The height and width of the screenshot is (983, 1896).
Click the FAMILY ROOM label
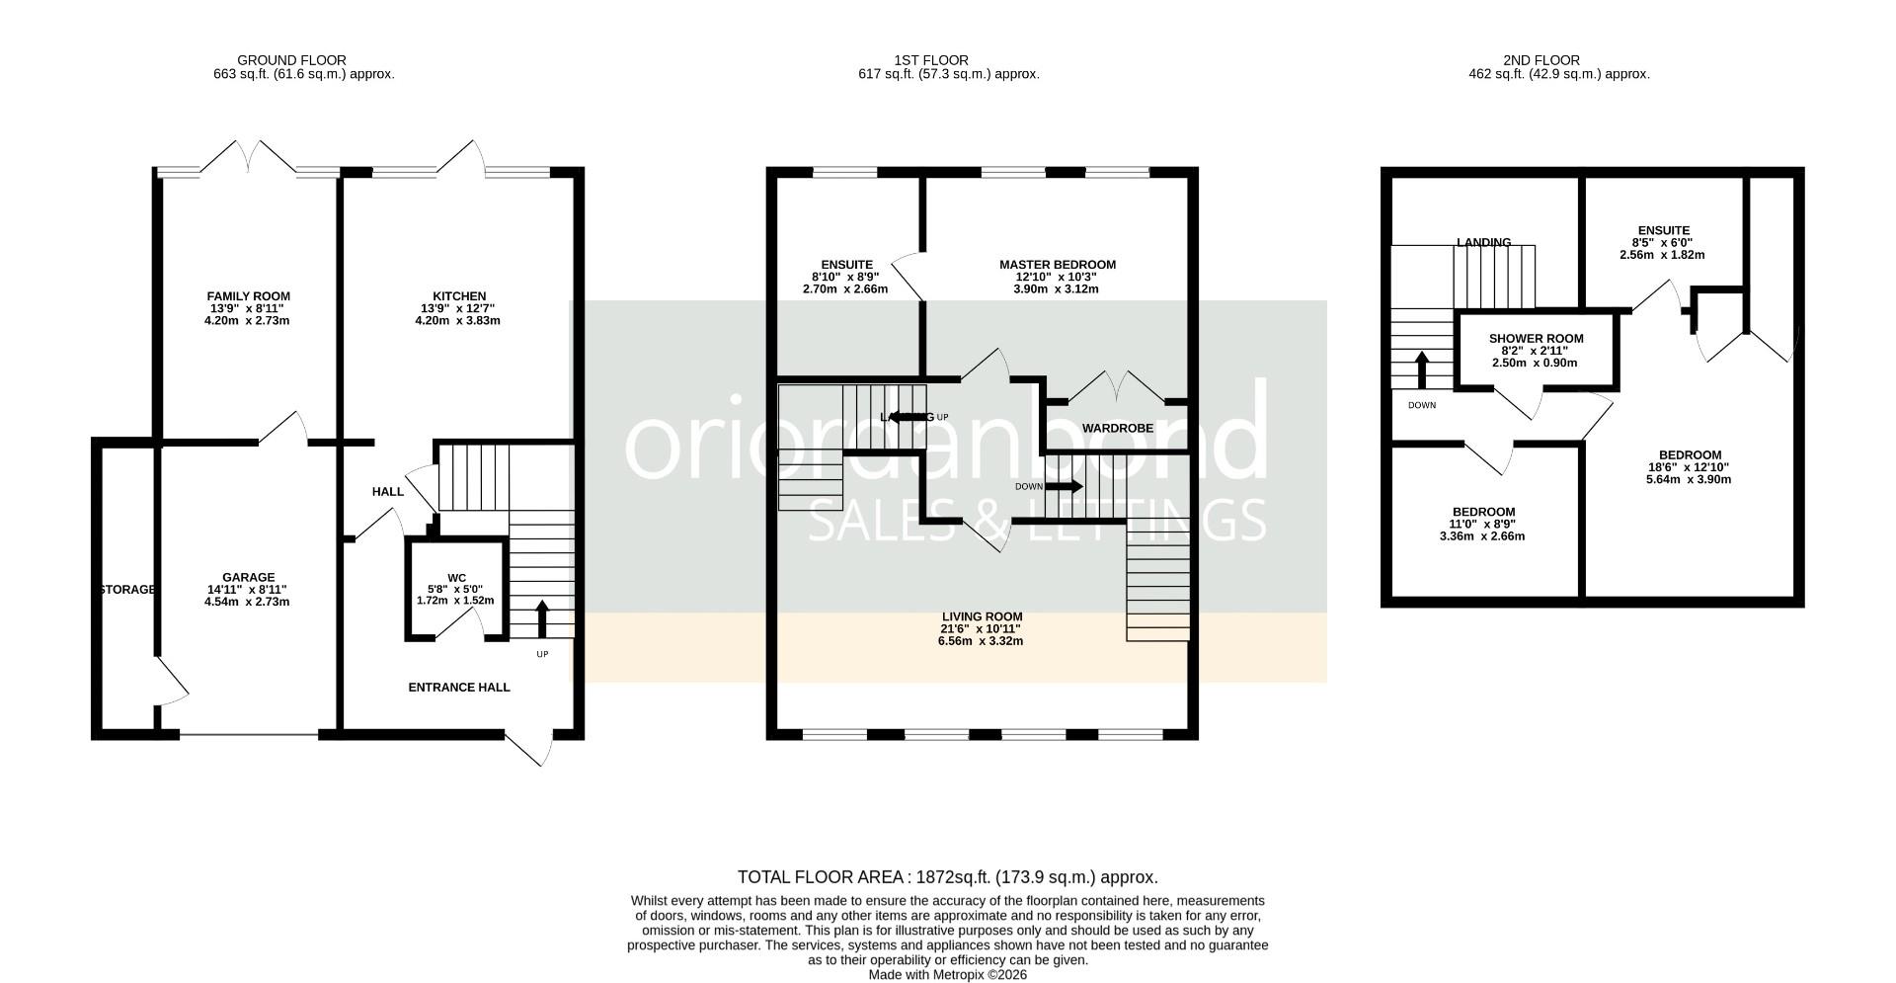point(248,296)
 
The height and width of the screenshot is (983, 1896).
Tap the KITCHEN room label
point(459,296)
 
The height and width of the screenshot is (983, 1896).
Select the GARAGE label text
point(248,578)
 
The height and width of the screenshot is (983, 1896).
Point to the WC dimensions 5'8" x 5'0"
point(455,589)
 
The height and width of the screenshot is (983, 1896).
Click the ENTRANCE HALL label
point(459,687)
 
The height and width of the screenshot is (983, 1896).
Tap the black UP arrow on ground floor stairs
point(542,619)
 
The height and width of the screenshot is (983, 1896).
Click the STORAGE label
point(126,590)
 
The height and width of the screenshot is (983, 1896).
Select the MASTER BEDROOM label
point(1057,265)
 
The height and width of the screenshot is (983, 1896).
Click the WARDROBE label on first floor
point(1117,429)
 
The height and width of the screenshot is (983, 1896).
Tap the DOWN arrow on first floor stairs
point(1065,486)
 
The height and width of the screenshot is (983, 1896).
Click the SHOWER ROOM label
point(1536,339)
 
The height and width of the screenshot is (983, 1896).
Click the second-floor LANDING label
point(1483,243)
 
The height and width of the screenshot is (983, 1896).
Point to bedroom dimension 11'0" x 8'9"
point(1482,525)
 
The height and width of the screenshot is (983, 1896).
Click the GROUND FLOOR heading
point(292,60)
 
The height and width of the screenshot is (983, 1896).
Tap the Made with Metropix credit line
point(947,974)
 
